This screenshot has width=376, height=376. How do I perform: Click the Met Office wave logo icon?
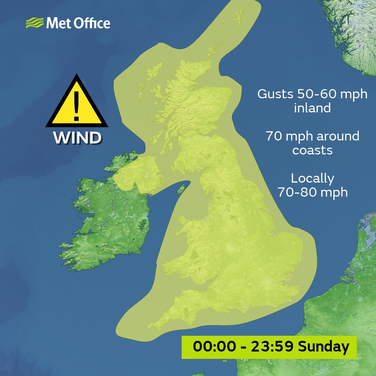point(34,23)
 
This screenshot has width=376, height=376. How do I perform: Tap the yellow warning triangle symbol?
point(76,103)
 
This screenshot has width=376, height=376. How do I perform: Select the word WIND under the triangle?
point(77,138)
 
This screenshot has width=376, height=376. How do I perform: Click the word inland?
point(312,108)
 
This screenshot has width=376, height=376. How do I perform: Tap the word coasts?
point(312,150)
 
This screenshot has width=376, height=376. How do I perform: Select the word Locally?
point(312,178)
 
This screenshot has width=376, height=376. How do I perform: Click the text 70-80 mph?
point(312,192)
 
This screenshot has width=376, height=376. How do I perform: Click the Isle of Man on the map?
point(181,189)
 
